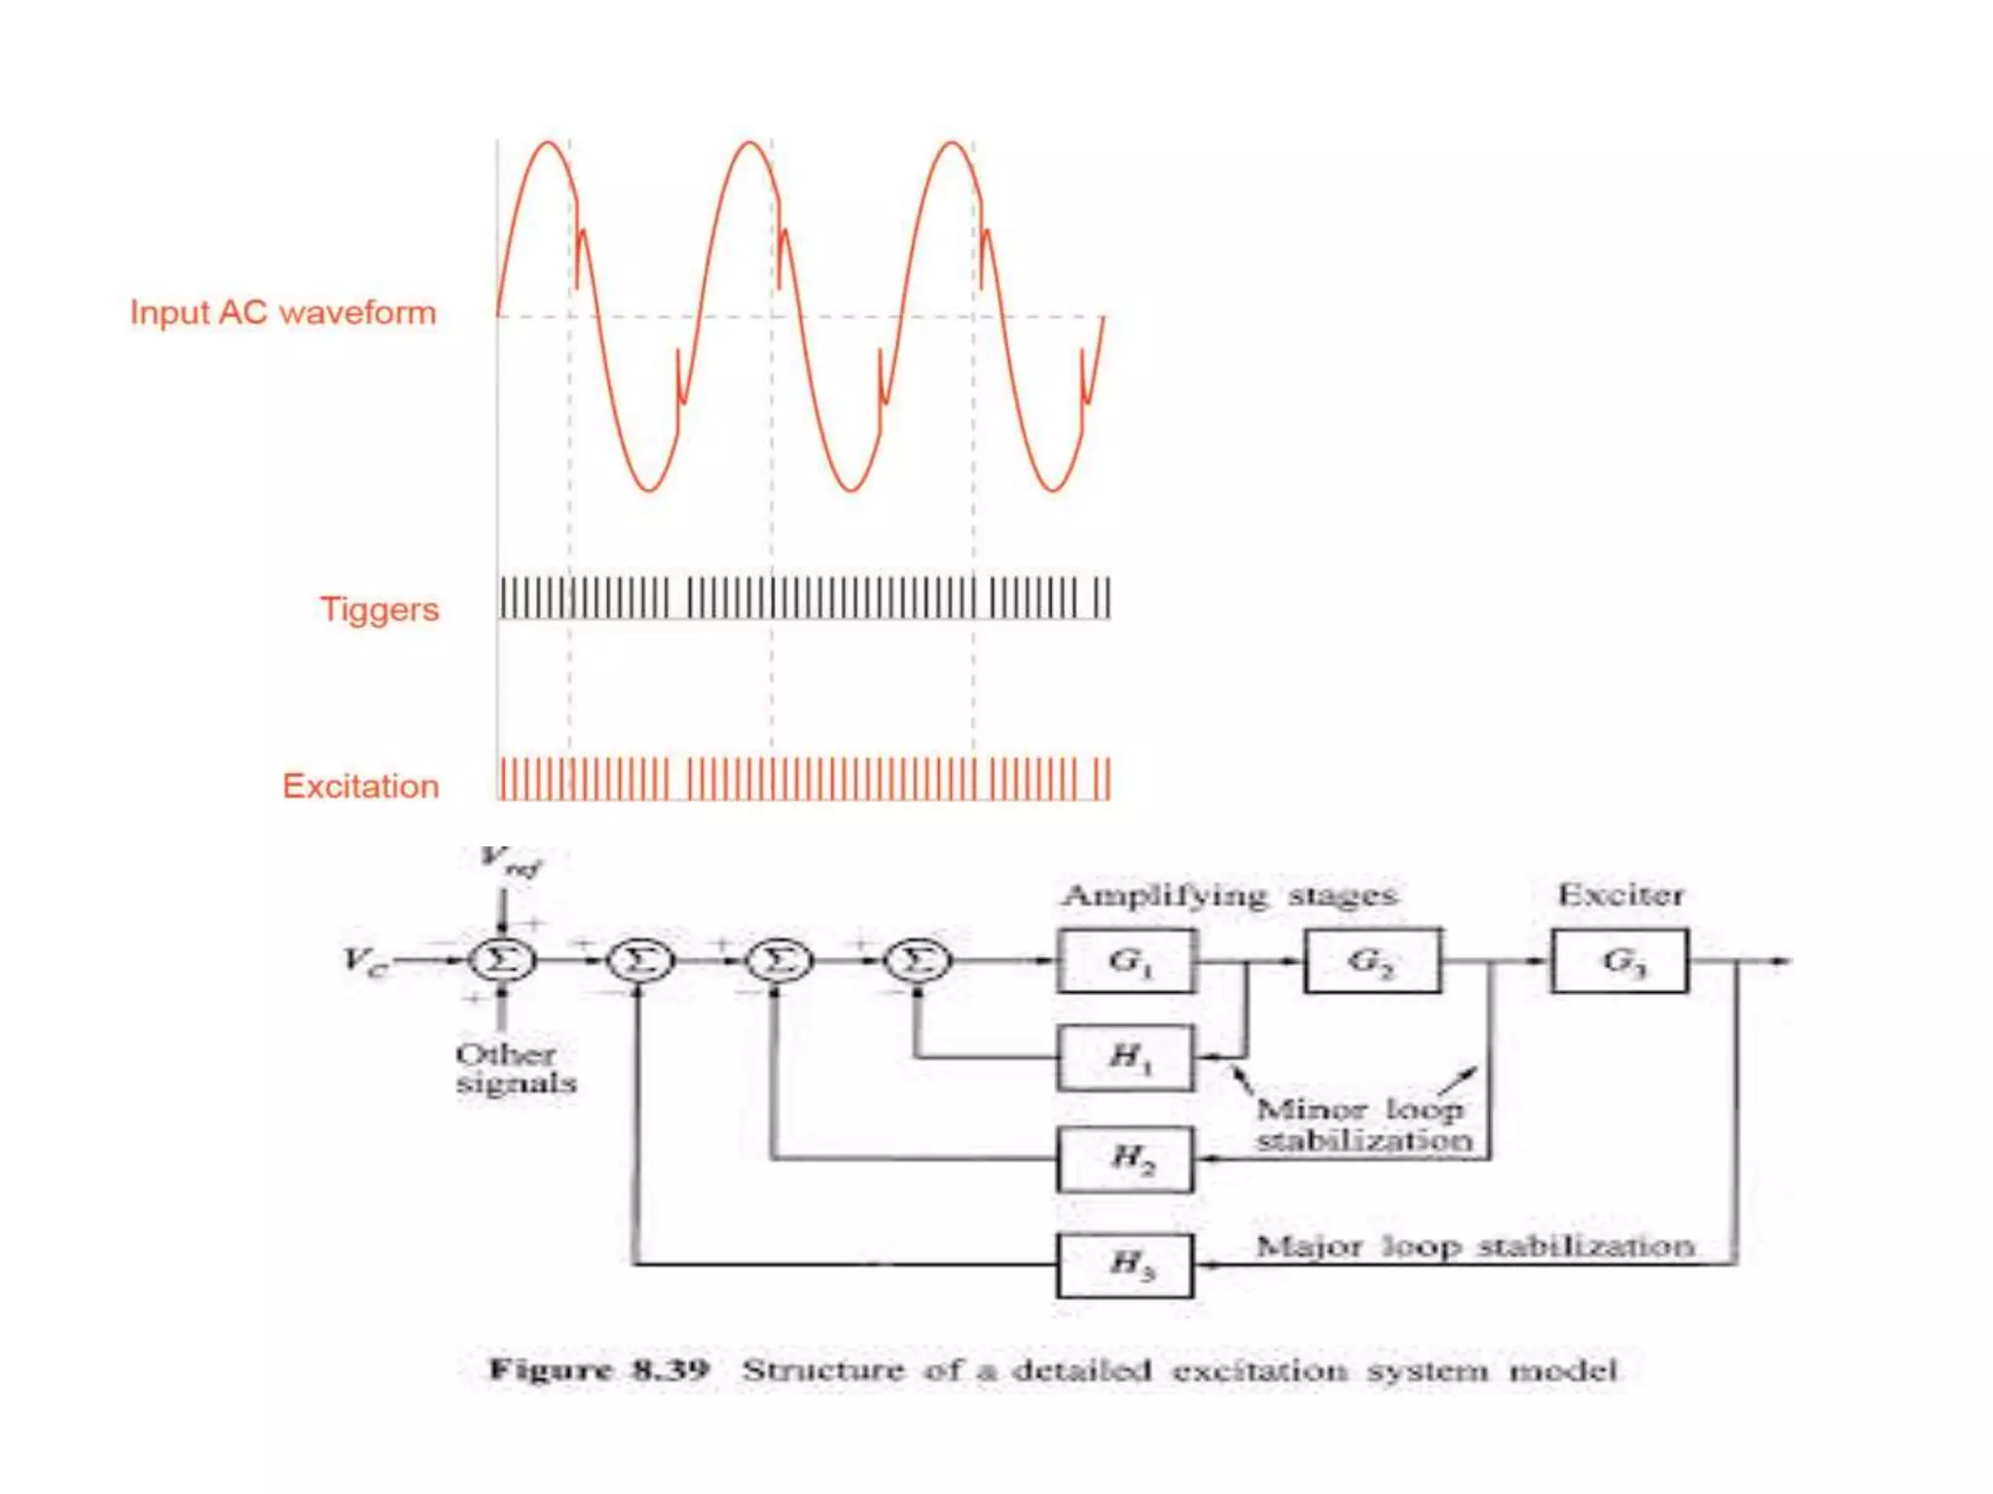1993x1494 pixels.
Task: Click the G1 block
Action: [1127, 961]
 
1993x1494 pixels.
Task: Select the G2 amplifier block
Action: [1372, 961]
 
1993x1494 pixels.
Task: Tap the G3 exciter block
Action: [1619, 961]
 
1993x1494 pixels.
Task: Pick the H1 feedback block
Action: [1126, 1056]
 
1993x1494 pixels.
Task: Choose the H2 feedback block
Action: [1126, 1158]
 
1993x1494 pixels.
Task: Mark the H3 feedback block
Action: [1125, 1264]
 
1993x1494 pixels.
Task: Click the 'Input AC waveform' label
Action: [283, 313]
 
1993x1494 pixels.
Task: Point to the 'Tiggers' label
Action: [380, 610]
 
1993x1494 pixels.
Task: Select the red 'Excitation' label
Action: [361, 786]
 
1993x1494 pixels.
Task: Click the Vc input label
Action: [365, 961]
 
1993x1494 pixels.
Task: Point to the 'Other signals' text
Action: [516, 1069]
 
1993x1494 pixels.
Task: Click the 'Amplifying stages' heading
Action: [1229, 895]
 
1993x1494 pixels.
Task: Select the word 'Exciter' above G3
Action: [1620, 895]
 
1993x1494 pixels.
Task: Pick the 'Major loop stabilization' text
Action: [1475, 1246]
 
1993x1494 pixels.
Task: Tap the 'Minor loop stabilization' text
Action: [1363, 1124]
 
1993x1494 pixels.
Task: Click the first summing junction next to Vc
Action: [502, 961]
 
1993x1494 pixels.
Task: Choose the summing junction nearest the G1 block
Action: [918, 961]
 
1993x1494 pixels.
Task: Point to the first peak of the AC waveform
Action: [548, 144]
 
